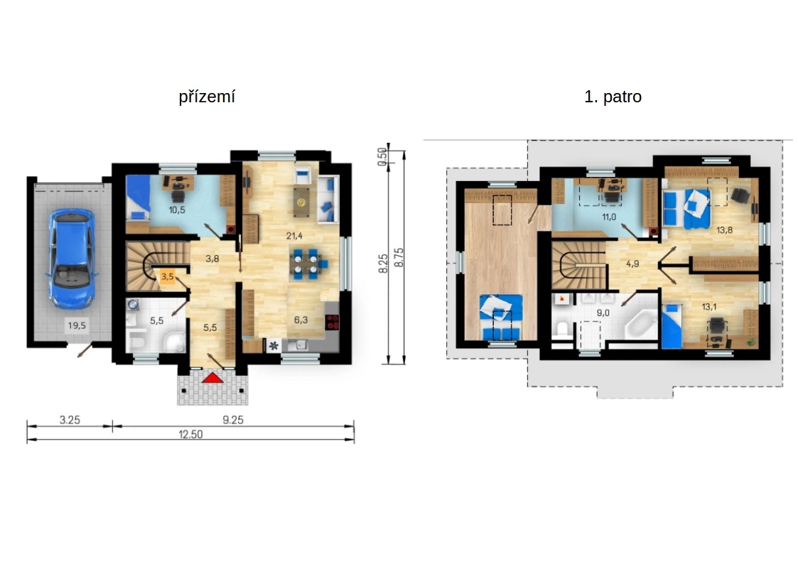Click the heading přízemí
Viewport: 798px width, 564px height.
pyautogui.click(x=207, y=97)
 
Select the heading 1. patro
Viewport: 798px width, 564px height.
pyautogui.click(x=613, y=97)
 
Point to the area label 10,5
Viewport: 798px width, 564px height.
pyautogui.click(x=177, y=210)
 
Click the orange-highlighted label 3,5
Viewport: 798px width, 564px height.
pyautogui.click(x=168, y=277)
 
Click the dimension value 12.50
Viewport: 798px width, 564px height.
pyautogui.click(x=190, y=435)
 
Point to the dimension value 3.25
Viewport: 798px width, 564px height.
pyautogui.click(x=70, y=420)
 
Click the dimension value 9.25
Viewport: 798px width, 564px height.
pyautogui.click(x=233, y=420)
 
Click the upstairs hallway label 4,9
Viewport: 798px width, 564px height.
pyautogui.click(x=633, y=263)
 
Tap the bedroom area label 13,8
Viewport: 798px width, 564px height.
pyautogui.click(x=724, y=229)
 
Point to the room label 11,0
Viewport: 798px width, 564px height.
pyautogui.click(x=609, y=218)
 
